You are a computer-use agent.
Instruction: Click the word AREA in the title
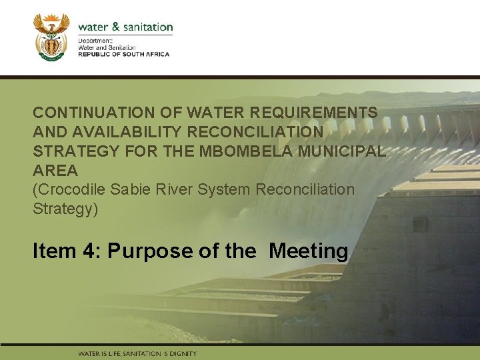click(x=55, y=171)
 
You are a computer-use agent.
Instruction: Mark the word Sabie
click(x=129, y=189)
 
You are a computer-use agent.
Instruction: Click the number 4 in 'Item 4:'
click(x=85, y=251)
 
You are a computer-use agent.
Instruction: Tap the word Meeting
click(x=308, y=251)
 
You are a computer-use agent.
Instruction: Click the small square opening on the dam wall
click(x=419, y=225)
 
